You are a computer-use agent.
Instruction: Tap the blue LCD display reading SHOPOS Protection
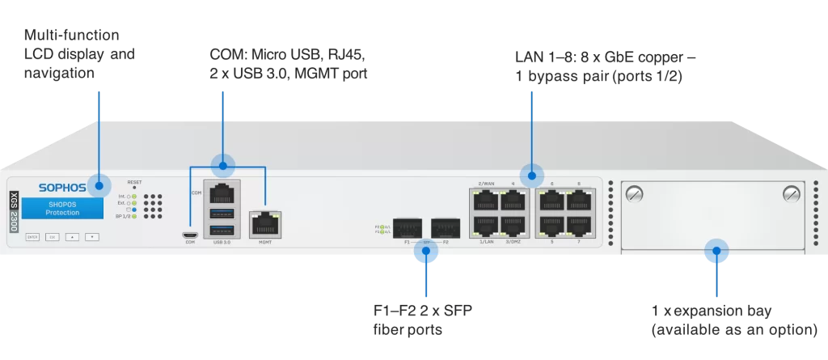62,209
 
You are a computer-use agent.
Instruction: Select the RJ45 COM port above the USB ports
222,193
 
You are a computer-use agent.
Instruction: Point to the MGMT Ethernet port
265,221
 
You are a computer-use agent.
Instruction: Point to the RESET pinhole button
134,187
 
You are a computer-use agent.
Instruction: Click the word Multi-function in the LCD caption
72,37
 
